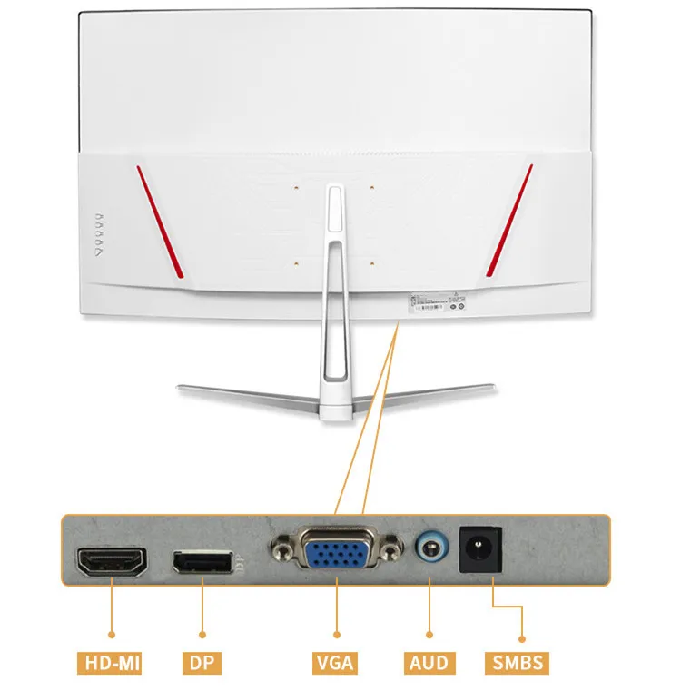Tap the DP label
coord(202,662)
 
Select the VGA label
coord(336,662)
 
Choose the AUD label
coord(428,662)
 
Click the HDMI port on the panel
coord(112,564)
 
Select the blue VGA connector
coord(335,550)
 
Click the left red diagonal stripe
coord(161,221)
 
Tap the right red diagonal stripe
coord(509,221)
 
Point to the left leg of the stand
coord(241,395)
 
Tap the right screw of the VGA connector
coord(392,549)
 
